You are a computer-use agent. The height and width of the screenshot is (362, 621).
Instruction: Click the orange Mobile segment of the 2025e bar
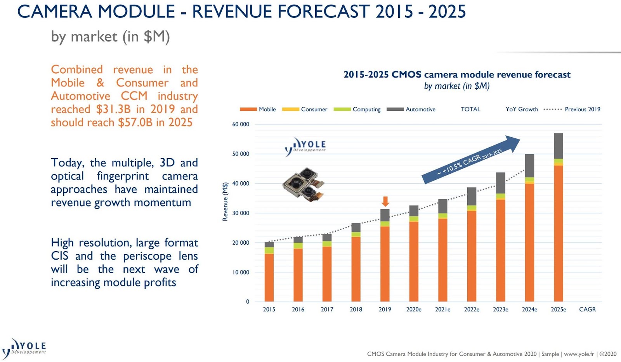tap(559, 233)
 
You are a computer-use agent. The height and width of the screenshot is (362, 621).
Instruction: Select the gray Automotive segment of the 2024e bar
tap(529, 165)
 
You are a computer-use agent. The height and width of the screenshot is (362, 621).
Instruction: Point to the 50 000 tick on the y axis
tap(241, 154)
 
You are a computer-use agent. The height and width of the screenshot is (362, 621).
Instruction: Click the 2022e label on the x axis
tap(472, 309)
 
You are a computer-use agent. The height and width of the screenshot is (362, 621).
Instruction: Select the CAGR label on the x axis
tap(587, 309)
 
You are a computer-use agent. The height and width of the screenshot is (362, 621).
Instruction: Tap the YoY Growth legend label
tap(522, 109)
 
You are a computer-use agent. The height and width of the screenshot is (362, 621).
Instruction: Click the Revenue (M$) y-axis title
tap(225, 202)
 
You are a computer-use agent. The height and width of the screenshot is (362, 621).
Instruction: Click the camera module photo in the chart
tap(303, 184)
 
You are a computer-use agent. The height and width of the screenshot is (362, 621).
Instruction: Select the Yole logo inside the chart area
tap(305, 147)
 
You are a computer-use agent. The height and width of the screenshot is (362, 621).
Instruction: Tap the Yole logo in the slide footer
tap(24, 348)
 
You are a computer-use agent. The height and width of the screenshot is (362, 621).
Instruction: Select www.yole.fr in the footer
tap(579, 354)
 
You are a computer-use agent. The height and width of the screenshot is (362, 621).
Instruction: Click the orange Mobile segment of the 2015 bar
tap(269, 277)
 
